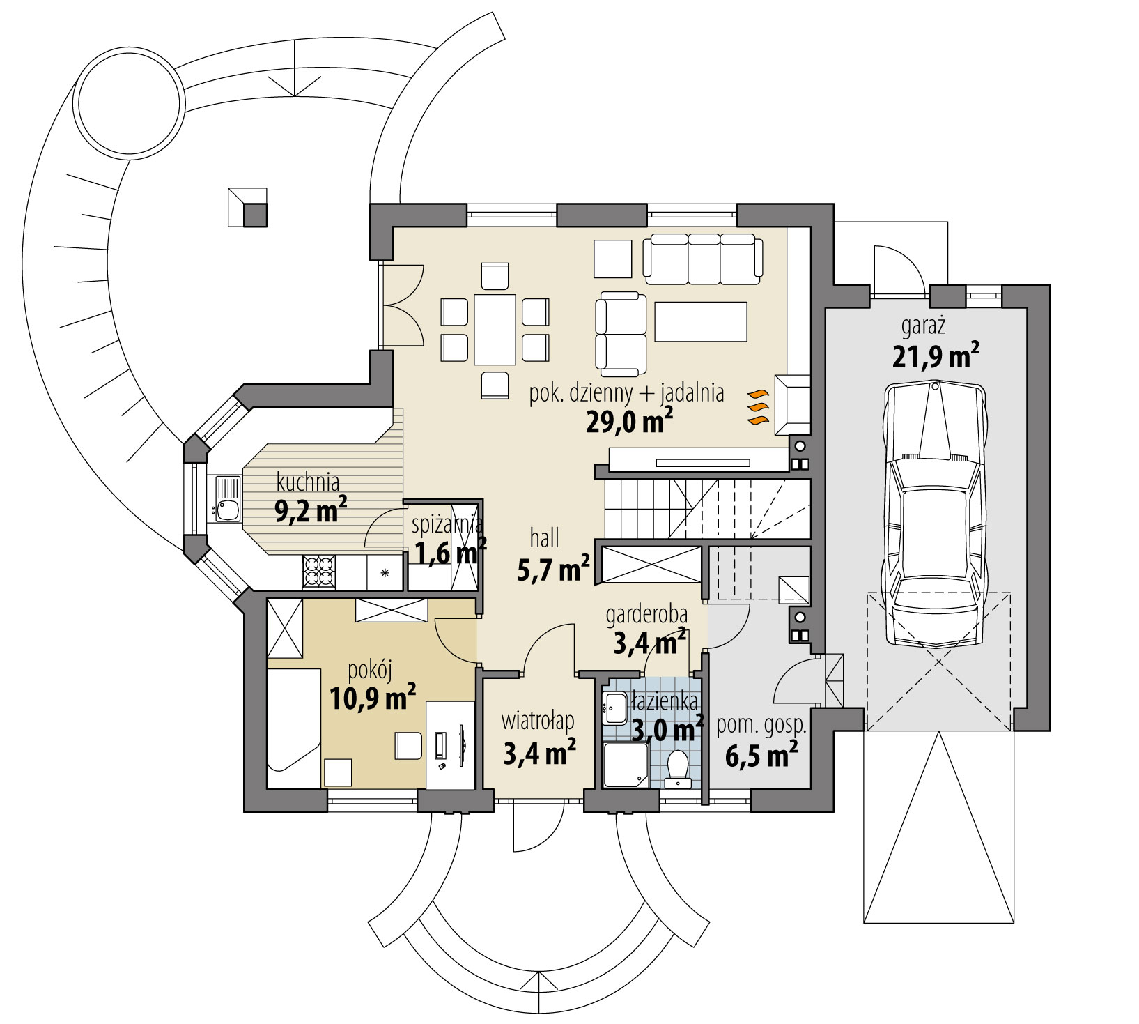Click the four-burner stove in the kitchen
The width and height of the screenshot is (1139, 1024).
318,572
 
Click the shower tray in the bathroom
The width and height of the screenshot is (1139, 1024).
625,765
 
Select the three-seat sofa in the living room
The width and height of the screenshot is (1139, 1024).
702,259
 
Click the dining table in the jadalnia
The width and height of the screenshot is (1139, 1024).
495,329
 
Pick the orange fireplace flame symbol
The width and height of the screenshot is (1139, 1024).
757,408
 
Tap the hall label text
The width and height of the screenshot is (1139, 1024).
545,538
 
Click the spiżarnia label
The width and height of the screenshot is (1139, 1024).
446,525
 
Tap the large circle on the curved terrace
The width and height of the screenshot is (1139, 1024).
130,105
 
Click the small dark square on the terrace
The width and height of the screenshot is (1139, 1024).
255,215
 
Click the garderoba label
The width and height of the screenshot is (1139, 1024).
646,615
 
